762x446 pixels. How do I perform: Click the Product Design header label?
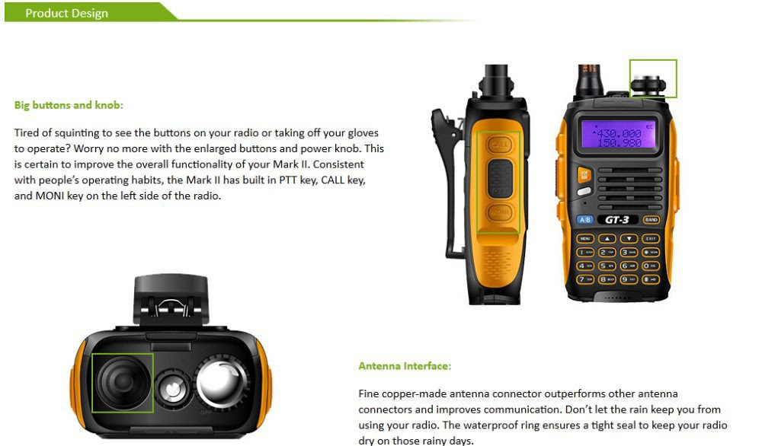click(x=66, y=13)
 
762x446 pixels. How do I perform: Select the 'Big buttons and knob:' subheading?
click(x=69, y=105)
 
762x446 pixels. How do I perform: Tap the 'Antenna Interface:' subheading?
click(x=405, y=366)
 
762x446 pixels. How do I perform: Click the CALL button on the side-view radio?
click(x=498, y=144)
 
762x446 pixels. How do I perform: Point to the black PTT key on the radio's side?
click(x=500, y=178)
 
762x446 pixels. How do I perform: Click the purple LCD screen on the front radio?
click(x=618, y=135)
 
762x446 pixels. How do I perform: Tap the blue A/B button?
click(x=584, y=220)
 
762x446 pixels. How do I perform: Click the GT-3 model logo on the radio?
click(x=617, y=220)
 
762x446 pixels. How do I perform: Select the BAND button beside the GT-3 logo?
click(x=652, y=220)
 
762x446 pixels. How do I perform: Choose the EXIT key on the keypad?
click(x=652, y=238)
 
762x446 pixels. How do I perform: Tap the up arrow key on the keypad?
click(x=607, y=238)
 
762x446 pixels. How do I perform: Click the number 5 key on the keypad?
click(x=607, y=266)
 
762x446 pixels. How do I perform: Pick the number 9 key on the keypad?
click(x=629, y=279)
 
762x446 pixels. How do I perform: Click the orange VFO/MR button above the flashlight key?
click(x=584, y=175)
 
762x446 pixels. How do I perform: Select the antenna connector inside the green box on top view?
click(x=122, y=382)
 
